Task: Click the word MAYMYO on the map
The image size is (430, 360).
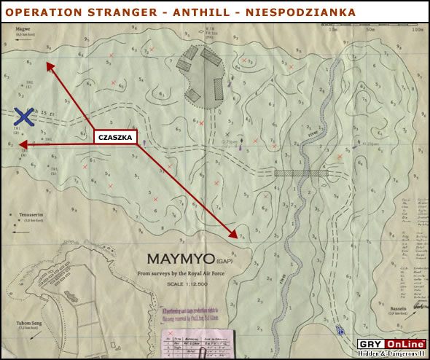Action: (x=179, y=259)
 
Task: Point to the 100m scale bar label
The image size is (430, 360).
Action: (x=417, y=31)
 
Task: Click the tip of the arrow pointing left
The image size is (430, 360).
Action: (x=20, y=146)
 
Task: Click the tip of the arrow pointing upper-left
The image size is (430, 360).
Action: (x=47, y=63)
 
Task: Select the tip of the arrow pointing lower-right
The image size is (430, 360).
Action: (x=238, y=238)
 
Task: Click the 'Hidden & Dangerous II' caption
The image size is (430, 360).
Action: (x=392, y=354)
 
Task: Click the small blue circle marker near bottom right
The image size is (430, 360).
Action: (x=340, y=331)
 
